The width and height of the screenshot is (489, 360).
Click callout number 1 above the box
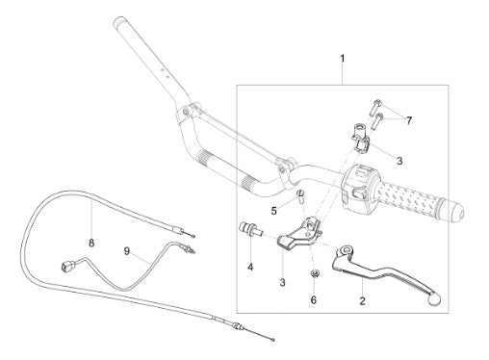343,59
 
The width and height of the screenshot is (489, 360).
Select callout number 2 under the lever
362,301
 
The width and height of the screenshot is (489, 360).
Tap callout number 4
250,267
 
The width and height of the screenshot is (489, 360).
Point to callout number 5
273,211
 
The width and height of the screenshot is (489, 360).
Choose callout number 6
314,300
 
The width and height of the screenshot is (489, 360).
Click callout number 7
409,120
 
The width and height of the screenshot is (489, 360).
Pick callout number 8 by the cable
91,244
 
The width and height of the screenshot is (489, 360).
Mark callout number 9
127,251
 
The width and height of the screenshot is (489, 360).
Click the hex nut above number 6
314,274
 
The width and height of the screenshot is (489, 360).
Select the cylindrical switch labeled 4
251,229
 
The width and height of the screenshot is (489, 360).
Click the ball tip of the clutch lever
435,299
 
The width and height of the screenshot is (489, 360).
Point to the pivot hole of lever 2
347,249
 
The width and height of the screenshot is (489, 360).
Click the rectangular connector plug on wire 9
66,266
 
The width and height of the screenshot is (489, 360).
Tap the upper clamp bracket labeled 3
361,138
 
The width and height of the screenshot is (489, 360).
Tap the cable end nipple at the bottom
272,340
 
